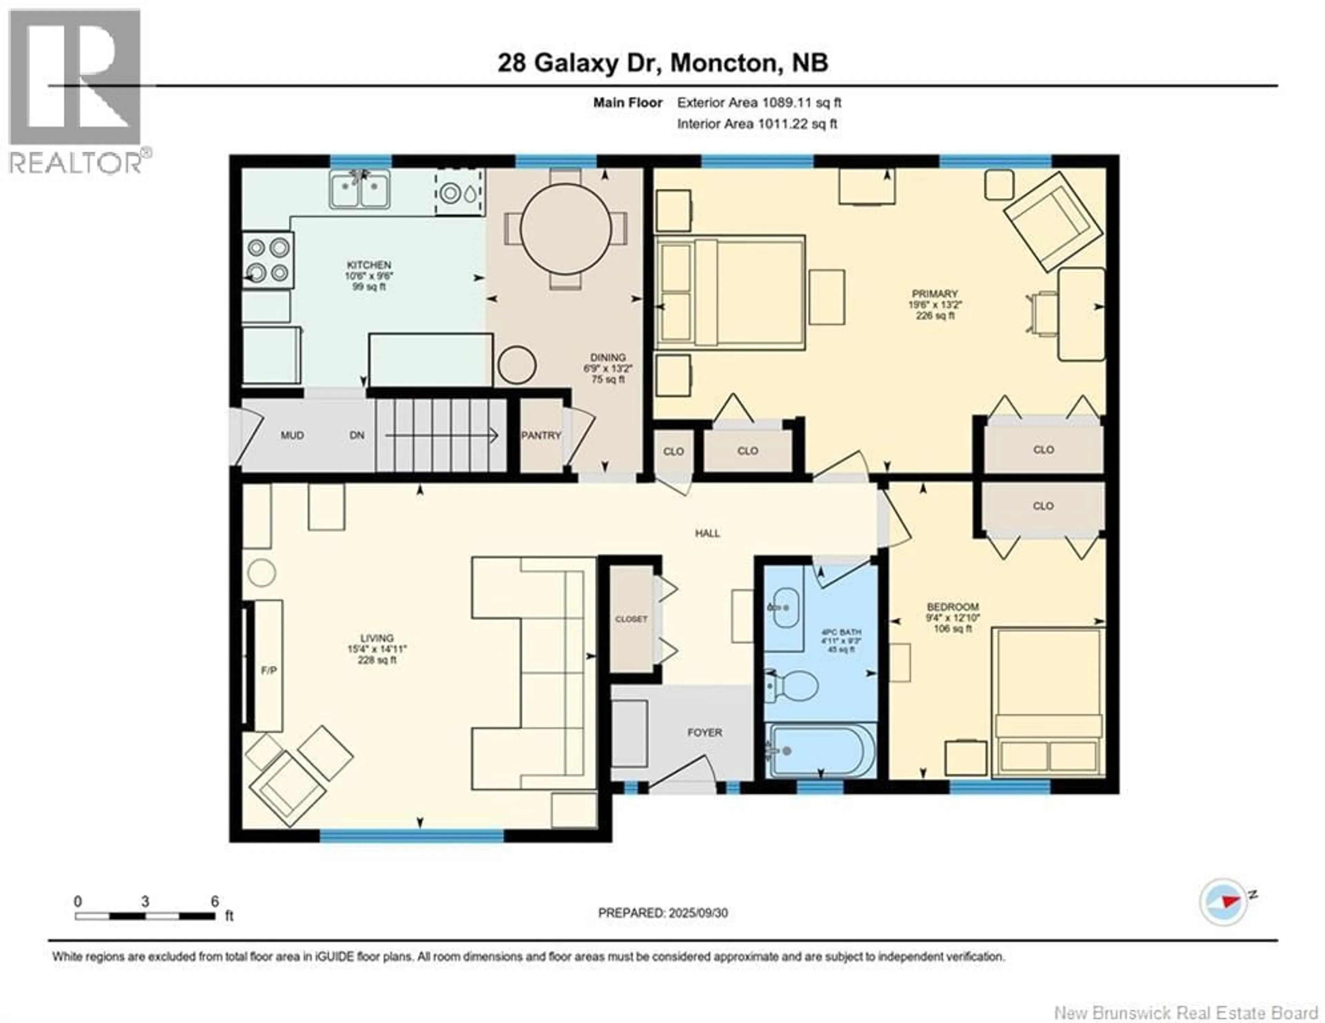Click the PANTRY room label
(x=541, y=436)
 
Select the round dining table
(x=566, y=229)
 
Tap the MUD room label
(x=292, y=436)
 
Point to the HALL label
(x=707, y=533)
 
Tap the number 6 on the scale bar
(x=215, y=901)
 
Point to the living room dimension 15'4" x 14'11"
(x=377, y=649)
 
